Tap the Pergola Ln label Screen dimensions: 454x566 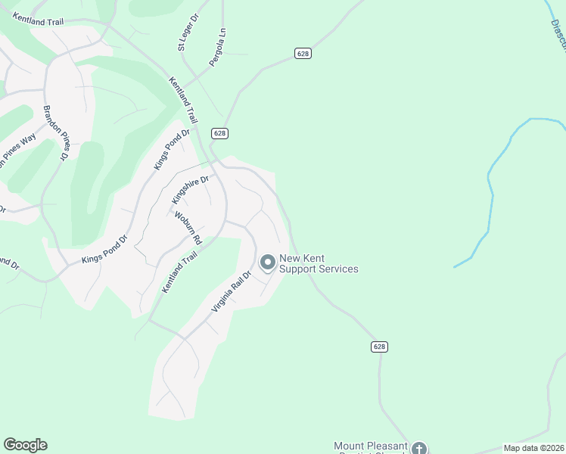[219, 47]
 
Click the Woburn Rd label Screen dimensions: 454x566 [188, 227]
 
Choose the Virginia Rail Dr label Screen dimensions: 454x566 [231, 291]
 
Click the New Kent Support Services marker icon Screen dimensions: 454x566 [267, 263]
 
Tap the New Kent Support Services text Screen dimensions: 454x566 [319, 263]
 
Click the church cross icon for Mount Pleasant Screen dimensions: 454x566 [419, 449]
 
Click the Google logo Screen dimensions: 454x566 [25, 445]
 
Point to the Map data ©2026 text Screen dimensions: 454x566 [533, 448]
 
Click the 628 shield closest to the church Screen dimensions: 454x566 [380, 346]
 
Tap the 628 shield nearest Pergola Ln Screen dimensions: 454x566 [303, 53]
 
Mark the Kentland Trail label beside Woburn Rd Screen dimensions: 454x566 [179, 273]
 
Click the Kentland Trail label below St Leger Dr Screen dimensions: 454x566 [183, 101]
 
